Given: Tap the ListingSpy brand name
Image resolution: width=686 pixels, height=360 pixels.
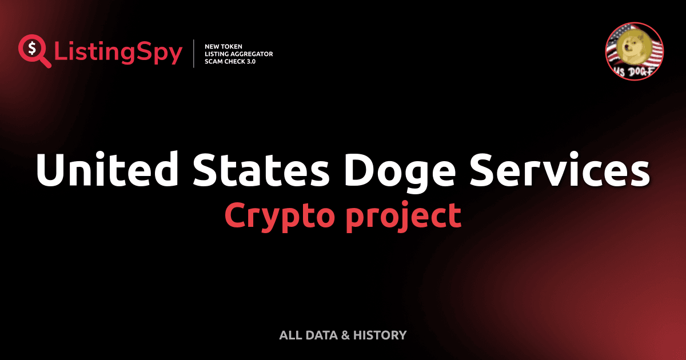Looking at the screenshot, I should [118, 53].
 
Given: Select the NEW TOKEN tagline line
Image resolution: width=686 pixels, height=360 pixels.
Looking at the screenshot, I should [224, 46].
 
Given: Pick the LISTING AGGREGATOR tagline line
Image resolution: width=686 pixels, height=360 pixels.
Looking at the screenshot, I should [238, 54].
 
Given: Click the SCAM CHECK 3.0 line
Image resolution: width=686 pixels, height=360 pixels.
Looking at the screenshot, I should [230, 61].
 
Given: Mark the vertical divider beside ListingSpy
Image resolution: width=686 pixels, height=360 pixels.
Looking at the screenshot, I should [194, 54].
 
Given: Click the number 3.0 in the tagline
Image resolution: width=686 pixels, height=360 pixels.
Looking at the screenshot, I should [250, 61].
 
